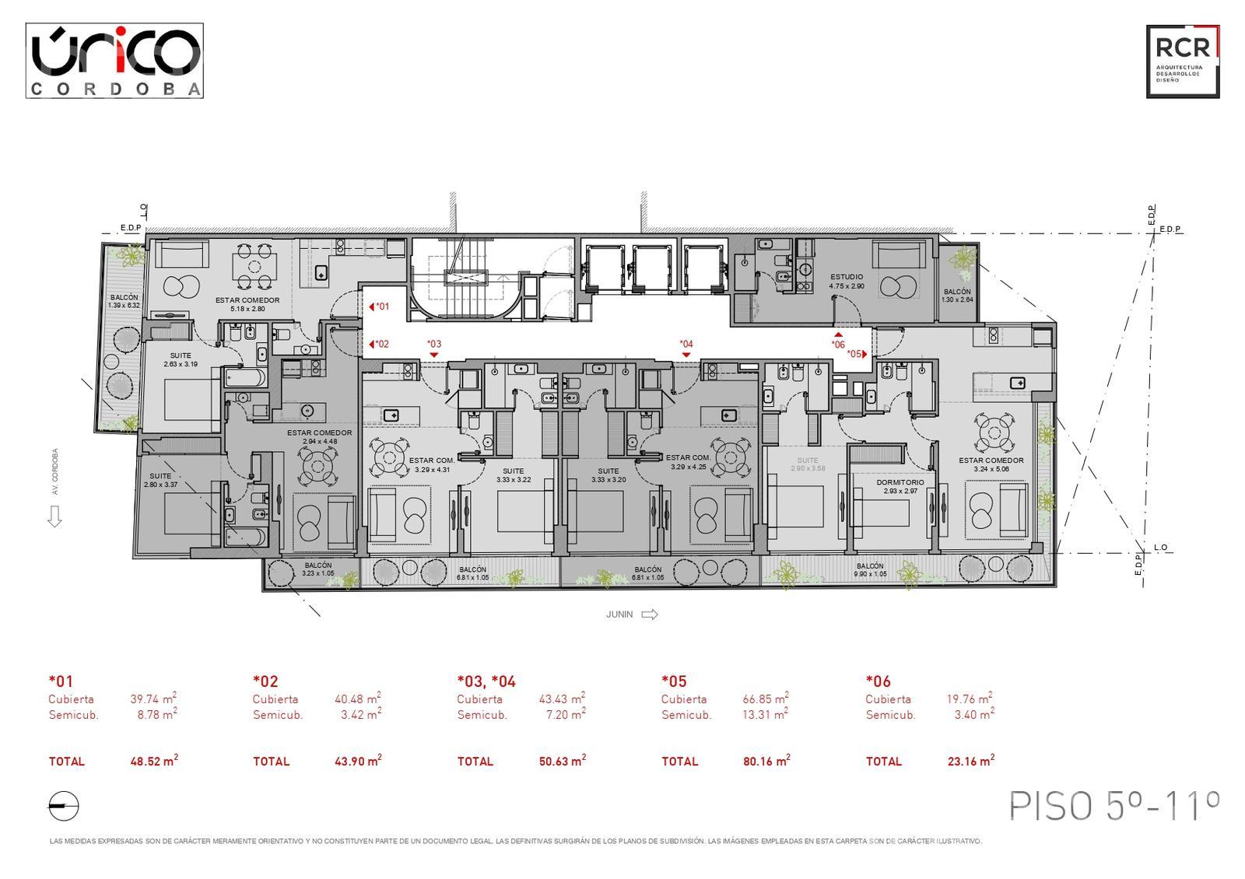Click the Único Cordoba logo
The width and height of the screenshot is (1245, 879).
tap(114, 60)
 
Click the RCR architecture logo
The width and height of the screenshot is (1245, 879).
tap(1182, 61)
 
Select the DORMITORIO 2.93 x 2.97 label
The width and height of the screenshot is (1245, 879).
tap(900, 486)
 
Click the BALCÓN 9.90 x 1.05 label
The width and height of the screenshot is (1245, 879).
tap(869, 570)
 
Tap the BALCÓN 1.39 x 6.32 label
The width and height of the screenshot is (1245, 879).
tap(124, 301)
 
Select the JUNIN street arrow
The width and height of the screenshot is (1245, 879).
tap(649, 615)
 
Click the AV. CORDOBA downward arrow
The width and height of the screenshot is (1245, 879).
tap(54, 517)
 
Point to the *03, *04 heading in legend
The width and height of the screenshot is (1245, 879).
tap(486, 681)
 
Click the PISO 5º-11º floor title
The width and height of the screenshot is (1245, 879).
tap(1113, 806)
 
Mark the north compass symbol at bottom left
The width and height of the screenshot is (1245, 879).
tap(64, 807)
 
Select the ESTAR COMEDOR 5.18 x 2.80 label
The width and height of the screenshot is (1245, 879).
tap(247, 304)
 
